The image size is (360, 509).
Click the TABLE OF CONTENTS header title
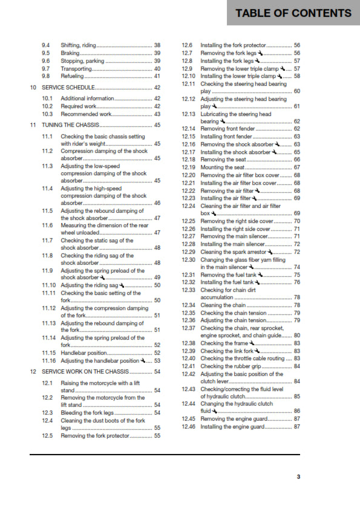click(293, 13)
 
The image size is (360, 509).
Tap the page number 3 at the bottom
click(298, 476)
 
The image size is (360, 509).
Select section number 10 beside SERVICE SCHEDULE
click(33, 88)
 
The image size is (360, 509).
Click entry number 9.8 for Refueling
click(45, 77)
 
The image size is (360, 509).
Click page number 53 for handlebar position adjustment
click(157, 361)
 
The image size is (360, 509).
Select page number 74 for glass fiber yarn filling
click(297, 267)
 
